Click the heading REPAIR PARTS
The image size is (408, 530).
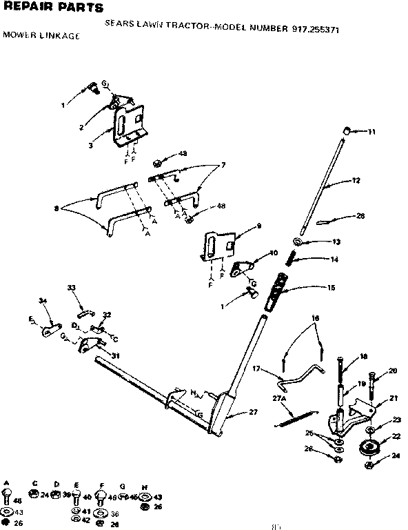(53, 8)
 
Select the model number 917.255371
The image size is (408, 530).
(313, 30)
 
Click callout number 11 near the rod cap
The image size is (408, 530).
(371, 132)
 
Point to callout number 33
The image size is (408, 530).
(71, 287)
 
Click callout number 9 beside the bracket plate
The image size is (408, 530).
(259, 225)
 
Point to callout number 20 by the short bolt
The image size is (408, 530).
(393, 371)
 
